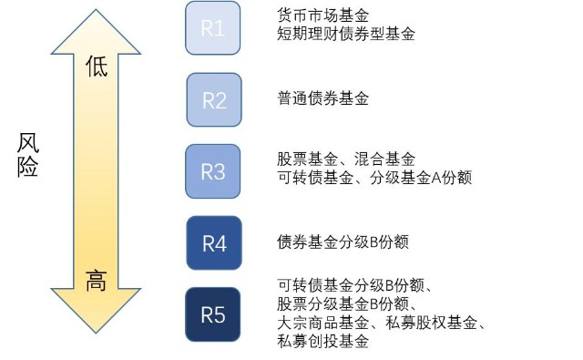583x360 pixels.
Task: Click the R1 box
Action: [213, 28]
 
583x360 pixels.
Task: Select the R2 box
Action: [214, 99]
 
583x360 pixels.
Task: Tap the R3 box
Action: [213, 171]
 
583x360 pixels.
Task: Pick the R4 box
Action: [214, 243]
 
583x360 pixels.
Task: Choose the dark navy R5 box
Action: [213, 315]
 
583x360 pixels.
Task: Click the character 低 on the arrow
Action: [96, 67]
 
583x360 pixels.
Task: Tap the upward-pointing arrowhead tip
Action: [96, 11]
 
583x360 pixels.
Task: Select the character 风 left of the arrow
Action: [28, 144]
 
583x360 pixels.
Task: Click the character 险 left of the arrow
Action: [28, 168]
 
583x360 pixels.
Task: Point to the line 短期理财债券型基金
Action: [345, 35]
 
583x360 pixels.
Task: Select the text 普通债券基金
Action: [322, 99]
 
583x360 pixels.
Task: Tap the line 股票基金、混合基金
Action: [345, 159]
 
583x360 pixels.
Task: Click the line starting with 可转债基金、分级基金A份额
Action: [374, 178]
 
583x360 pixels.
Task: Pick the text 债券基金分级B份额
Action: [342, 243]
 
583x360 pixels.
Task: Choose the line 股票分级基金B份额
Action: [347, 304]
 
